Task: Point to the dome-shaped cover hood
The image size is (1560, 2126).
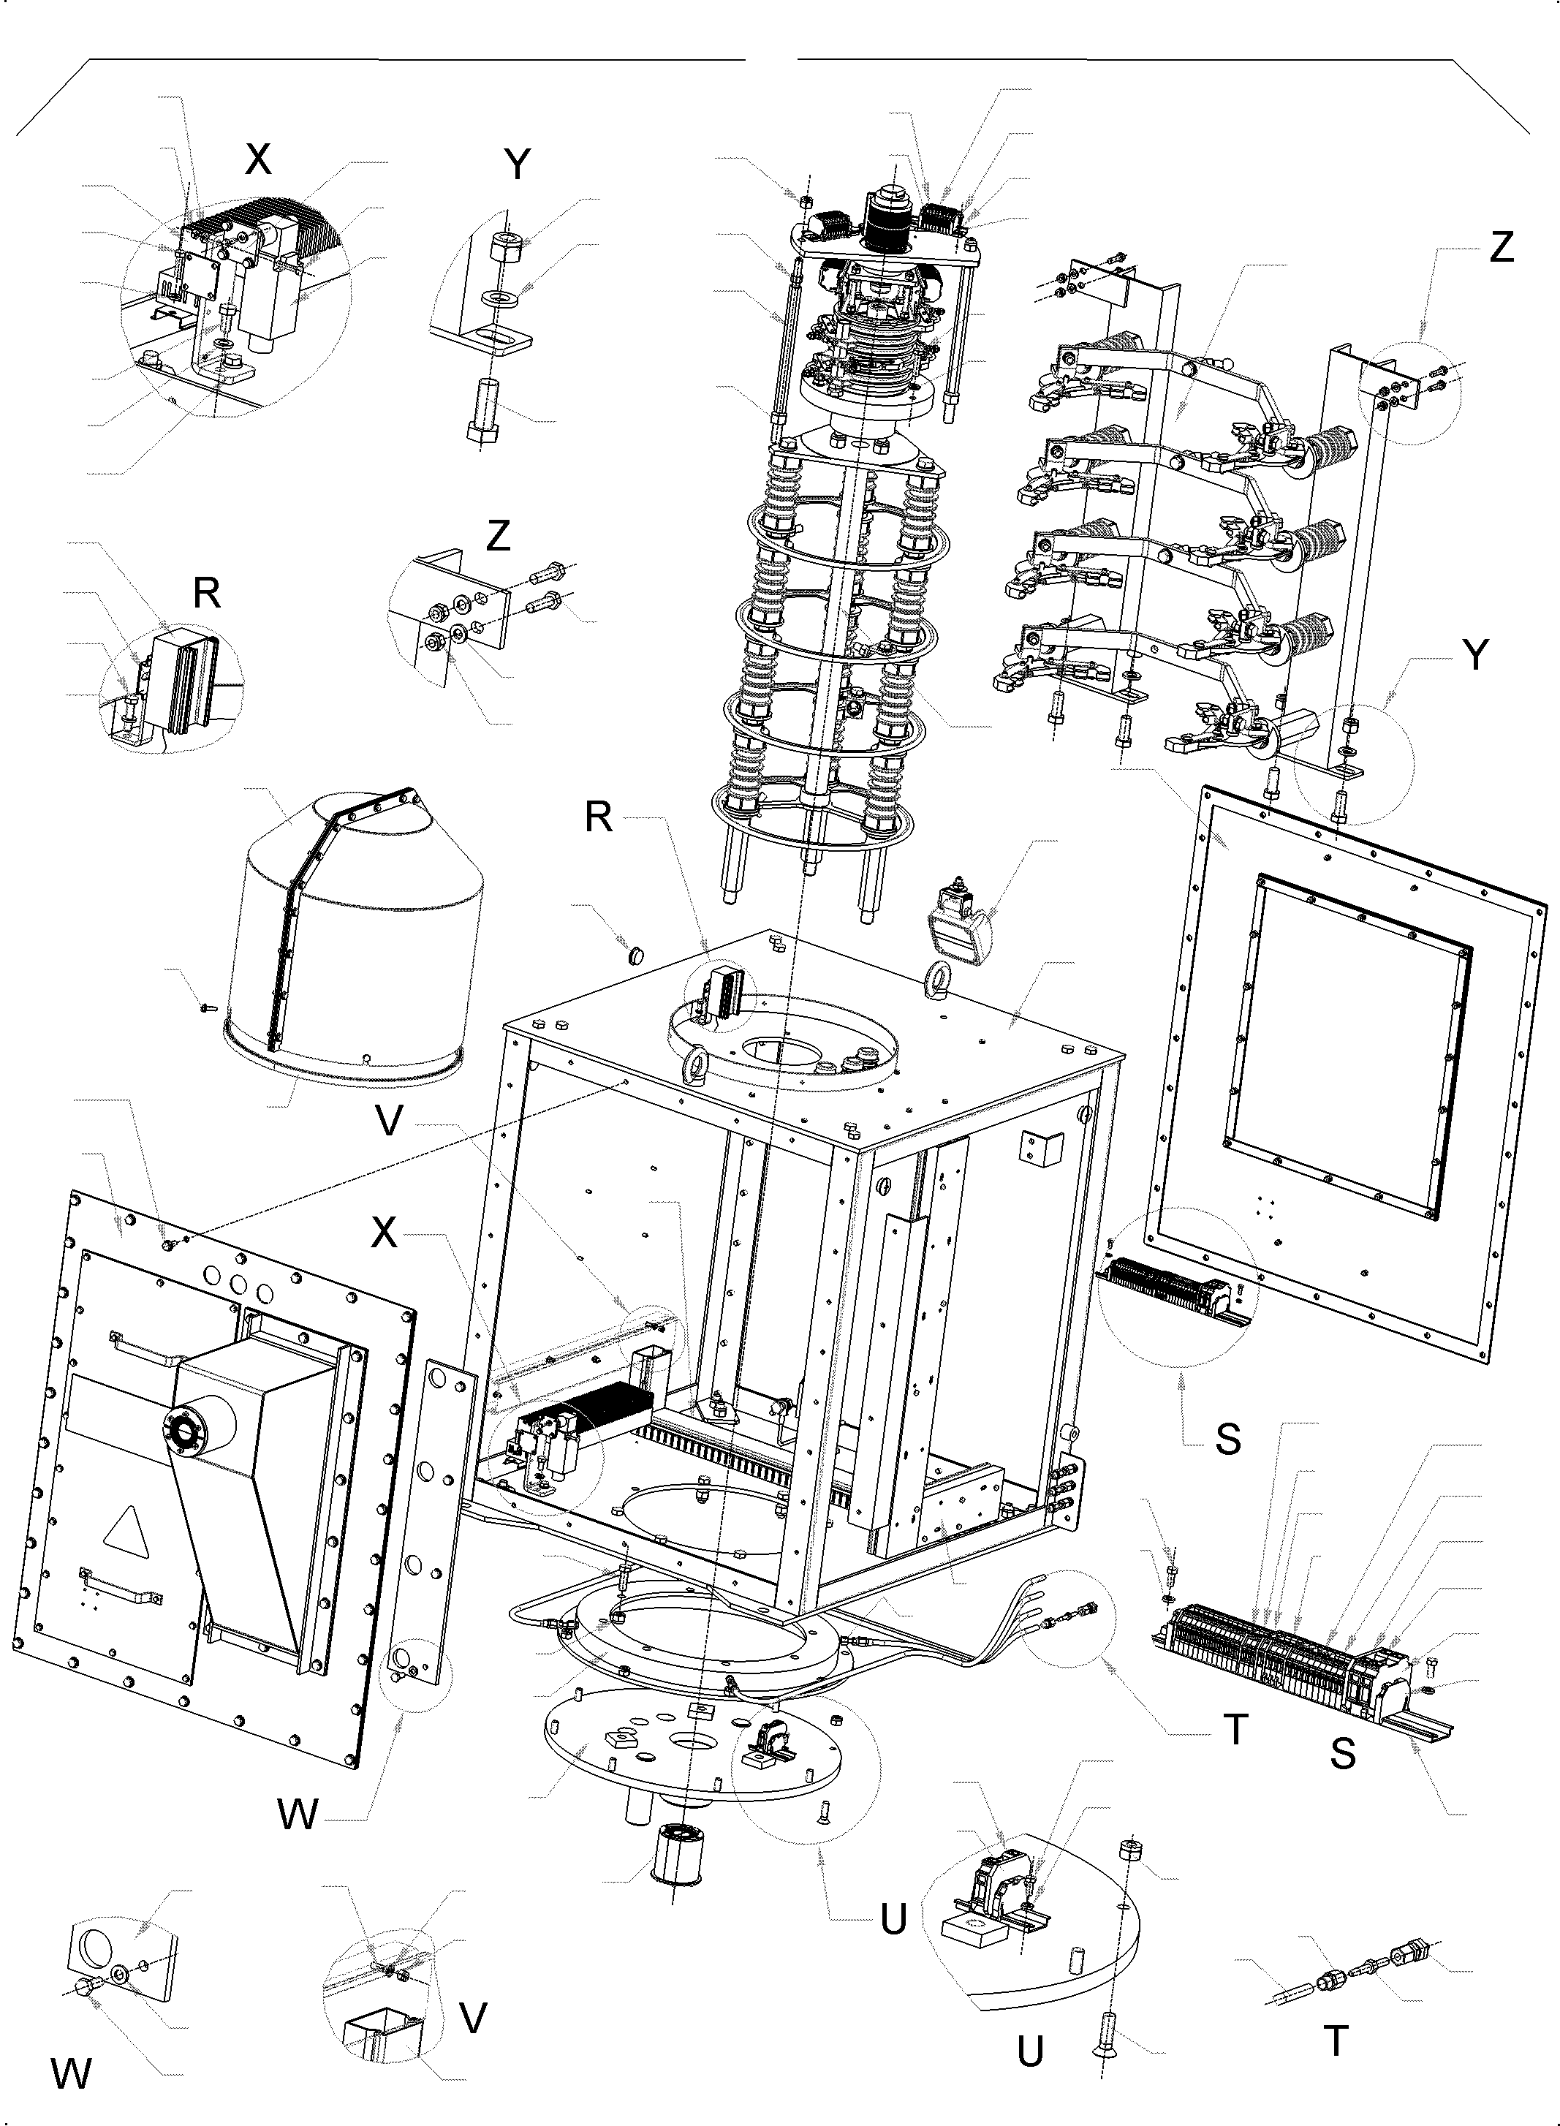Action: [359, 935]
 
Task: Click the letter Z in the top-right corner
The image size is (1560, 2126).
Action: [1501, 247]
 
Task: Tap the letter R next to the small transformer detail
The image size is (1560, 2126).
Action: [206, 593]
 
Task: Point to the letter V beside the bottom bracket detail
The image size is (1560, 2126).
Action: [472, 2012]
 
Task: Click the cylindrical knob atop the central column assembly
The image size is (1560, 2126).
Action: [887, 197]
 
